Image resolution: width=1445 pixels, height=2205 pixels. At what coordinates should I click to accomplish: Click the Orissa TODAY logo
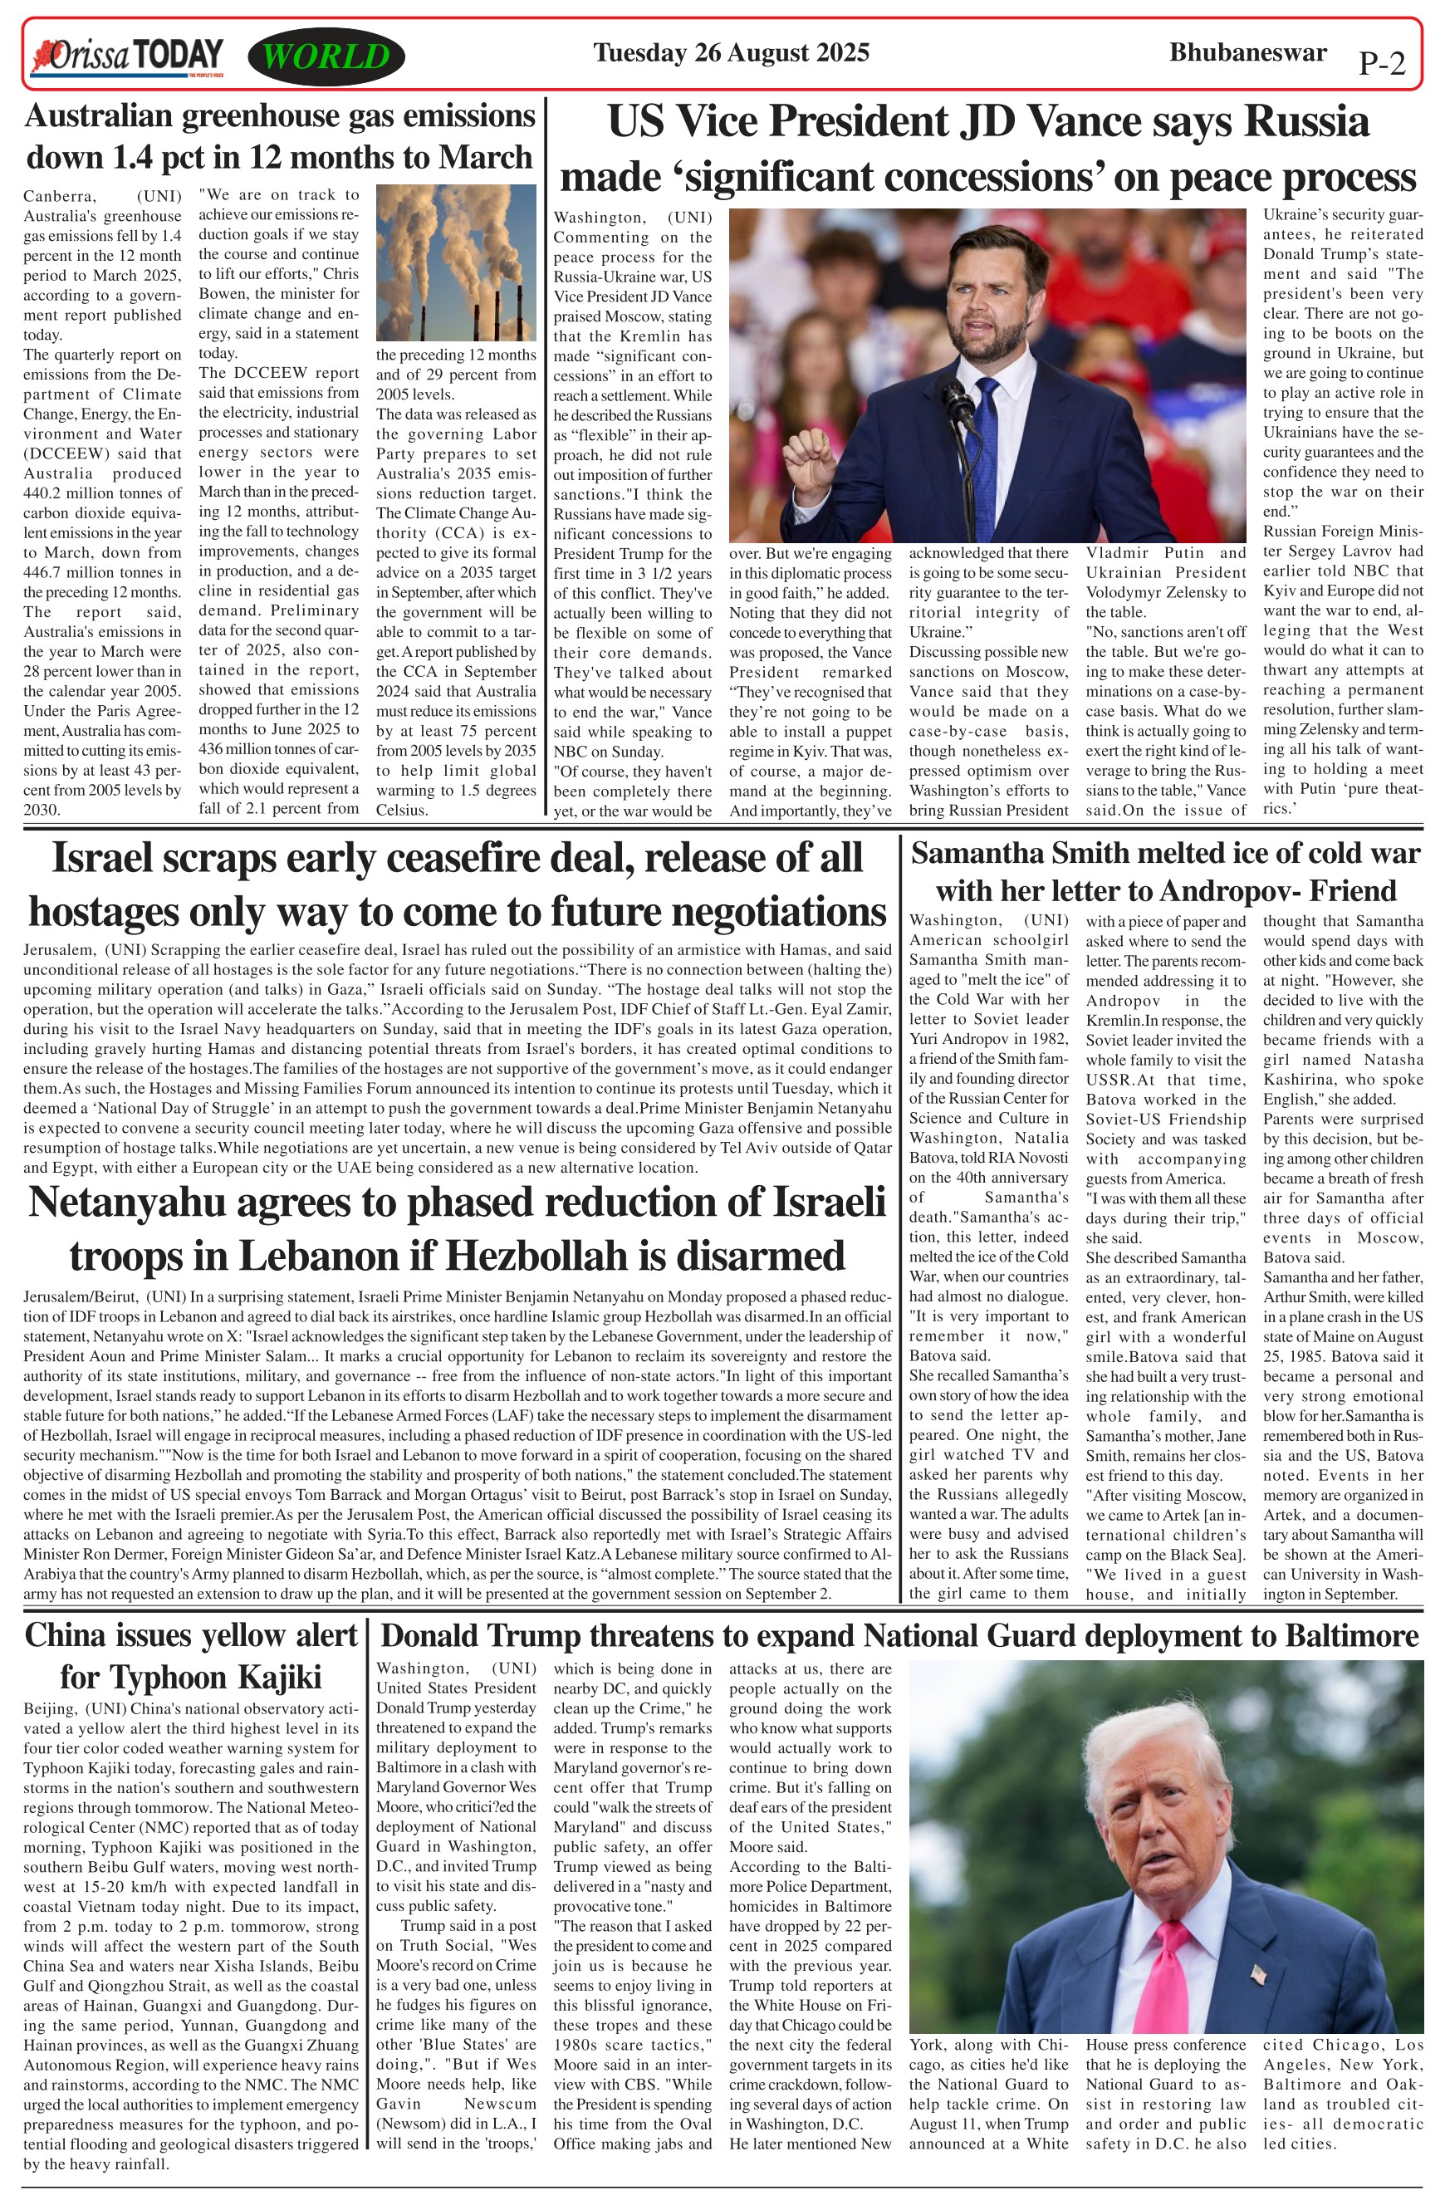coord(128,56)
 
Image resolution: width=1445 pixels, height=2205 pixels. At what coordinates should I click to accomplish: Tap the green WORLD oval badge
coord(326,56)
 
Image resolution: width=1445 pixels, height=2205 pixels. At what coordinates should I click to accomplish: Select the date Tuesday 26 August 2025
coord(731,53)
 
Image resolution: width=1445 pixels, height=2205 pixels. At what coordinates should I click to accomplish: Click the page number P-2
coord(1381,63)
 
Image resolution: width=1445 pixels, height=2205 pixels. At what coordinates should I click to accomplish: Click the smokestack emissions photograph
coord(456,263)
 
